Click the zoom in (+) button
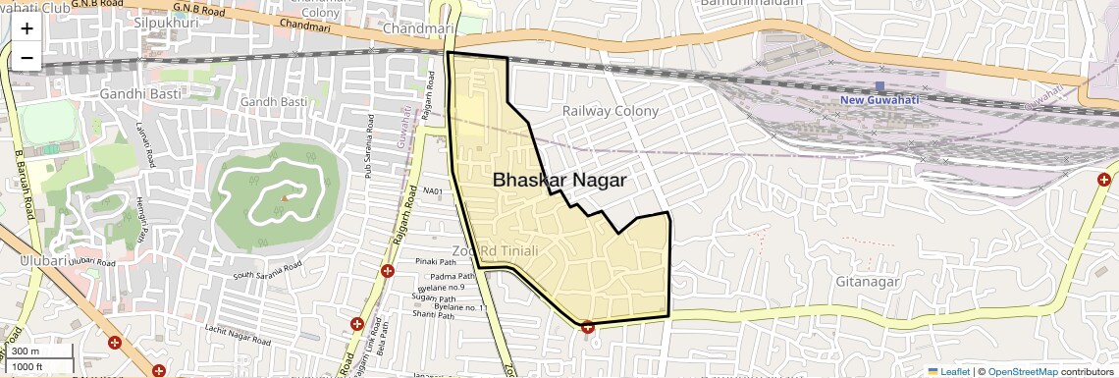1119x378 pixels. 27,28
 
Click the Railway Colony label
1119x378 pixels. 610,111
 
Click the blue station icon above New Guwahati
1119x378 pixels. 879,86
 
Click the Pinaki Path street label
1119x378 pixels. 437,262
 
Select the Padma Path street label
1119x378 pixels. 437,277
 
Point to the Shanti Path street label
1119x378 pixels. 433,315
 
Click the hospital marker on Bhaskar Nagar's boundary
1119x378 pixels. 587,327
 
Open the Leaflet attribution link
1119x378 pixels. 948,371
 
